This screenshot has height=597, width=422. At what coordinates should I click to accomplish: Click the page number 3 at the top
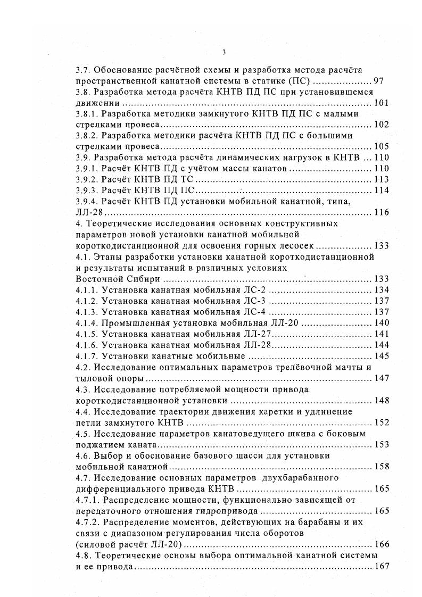[224, 52]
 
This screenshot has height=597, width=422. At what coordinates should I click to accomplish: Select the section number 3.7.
[84, 70]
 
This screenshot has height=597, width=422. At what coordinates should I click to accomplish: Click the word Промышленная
[140, 322]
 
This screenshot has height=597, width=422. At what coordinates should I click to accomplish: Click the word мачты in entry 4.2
[351, 367]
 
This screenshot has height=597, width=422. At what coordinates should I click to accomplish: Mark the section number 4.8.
[84, 554]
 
